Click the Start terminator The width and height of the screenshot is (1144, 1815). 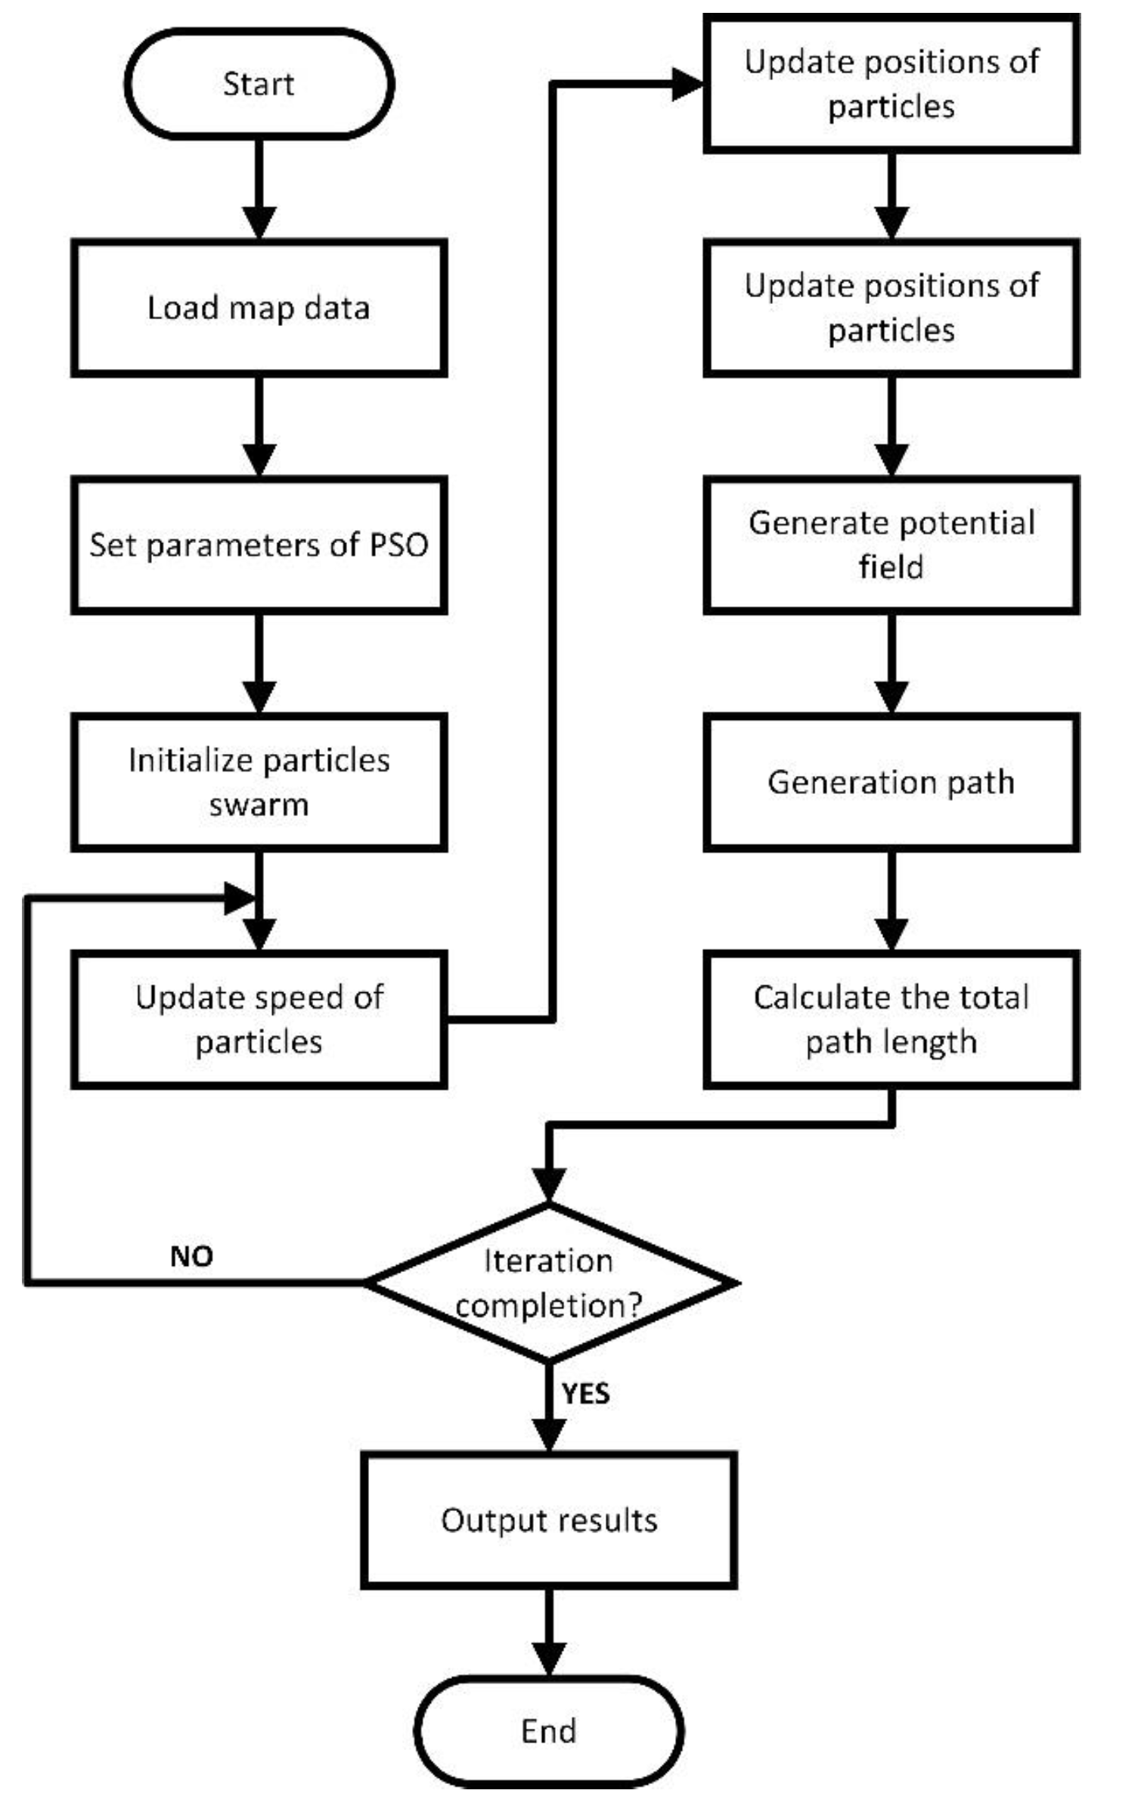click(259, 84)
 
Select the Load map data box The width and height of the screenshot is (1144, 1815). click(259, 308)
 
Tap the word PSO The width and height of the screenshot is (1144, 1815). click(398, 544)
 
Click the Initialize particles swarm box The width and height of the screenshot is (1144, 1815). click(259, 782)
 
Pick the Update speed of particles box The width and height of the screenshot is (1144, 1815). click(259, 1019)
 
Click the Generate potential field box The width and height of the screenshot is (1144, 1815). click(891, 544)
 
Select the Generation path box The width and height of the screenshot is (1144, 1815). click(891, 782)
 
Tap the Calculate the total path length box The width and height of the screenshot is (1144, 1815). click(891, 1019)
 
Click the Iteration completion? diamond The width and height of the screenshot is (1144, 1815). click(549, 1283)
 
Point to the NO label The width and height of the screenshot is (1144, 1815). click(191, 1256)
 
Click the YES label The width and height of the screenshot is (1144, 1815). click(585, 1393)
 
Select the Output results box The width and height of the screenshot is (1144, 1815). click(549, 1520)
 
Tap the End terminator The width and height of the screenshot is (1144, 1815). click(549, 1730)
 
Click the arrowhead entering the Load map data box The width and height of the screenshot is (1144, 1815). click(259, 222)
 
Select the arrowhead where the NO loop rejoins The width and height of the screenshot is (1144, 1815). click(240, 898)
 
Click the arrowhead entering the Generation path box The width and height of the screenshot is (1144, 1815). click(891, 697)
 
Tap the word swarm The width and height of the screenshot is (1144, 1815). click(259, 805)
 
